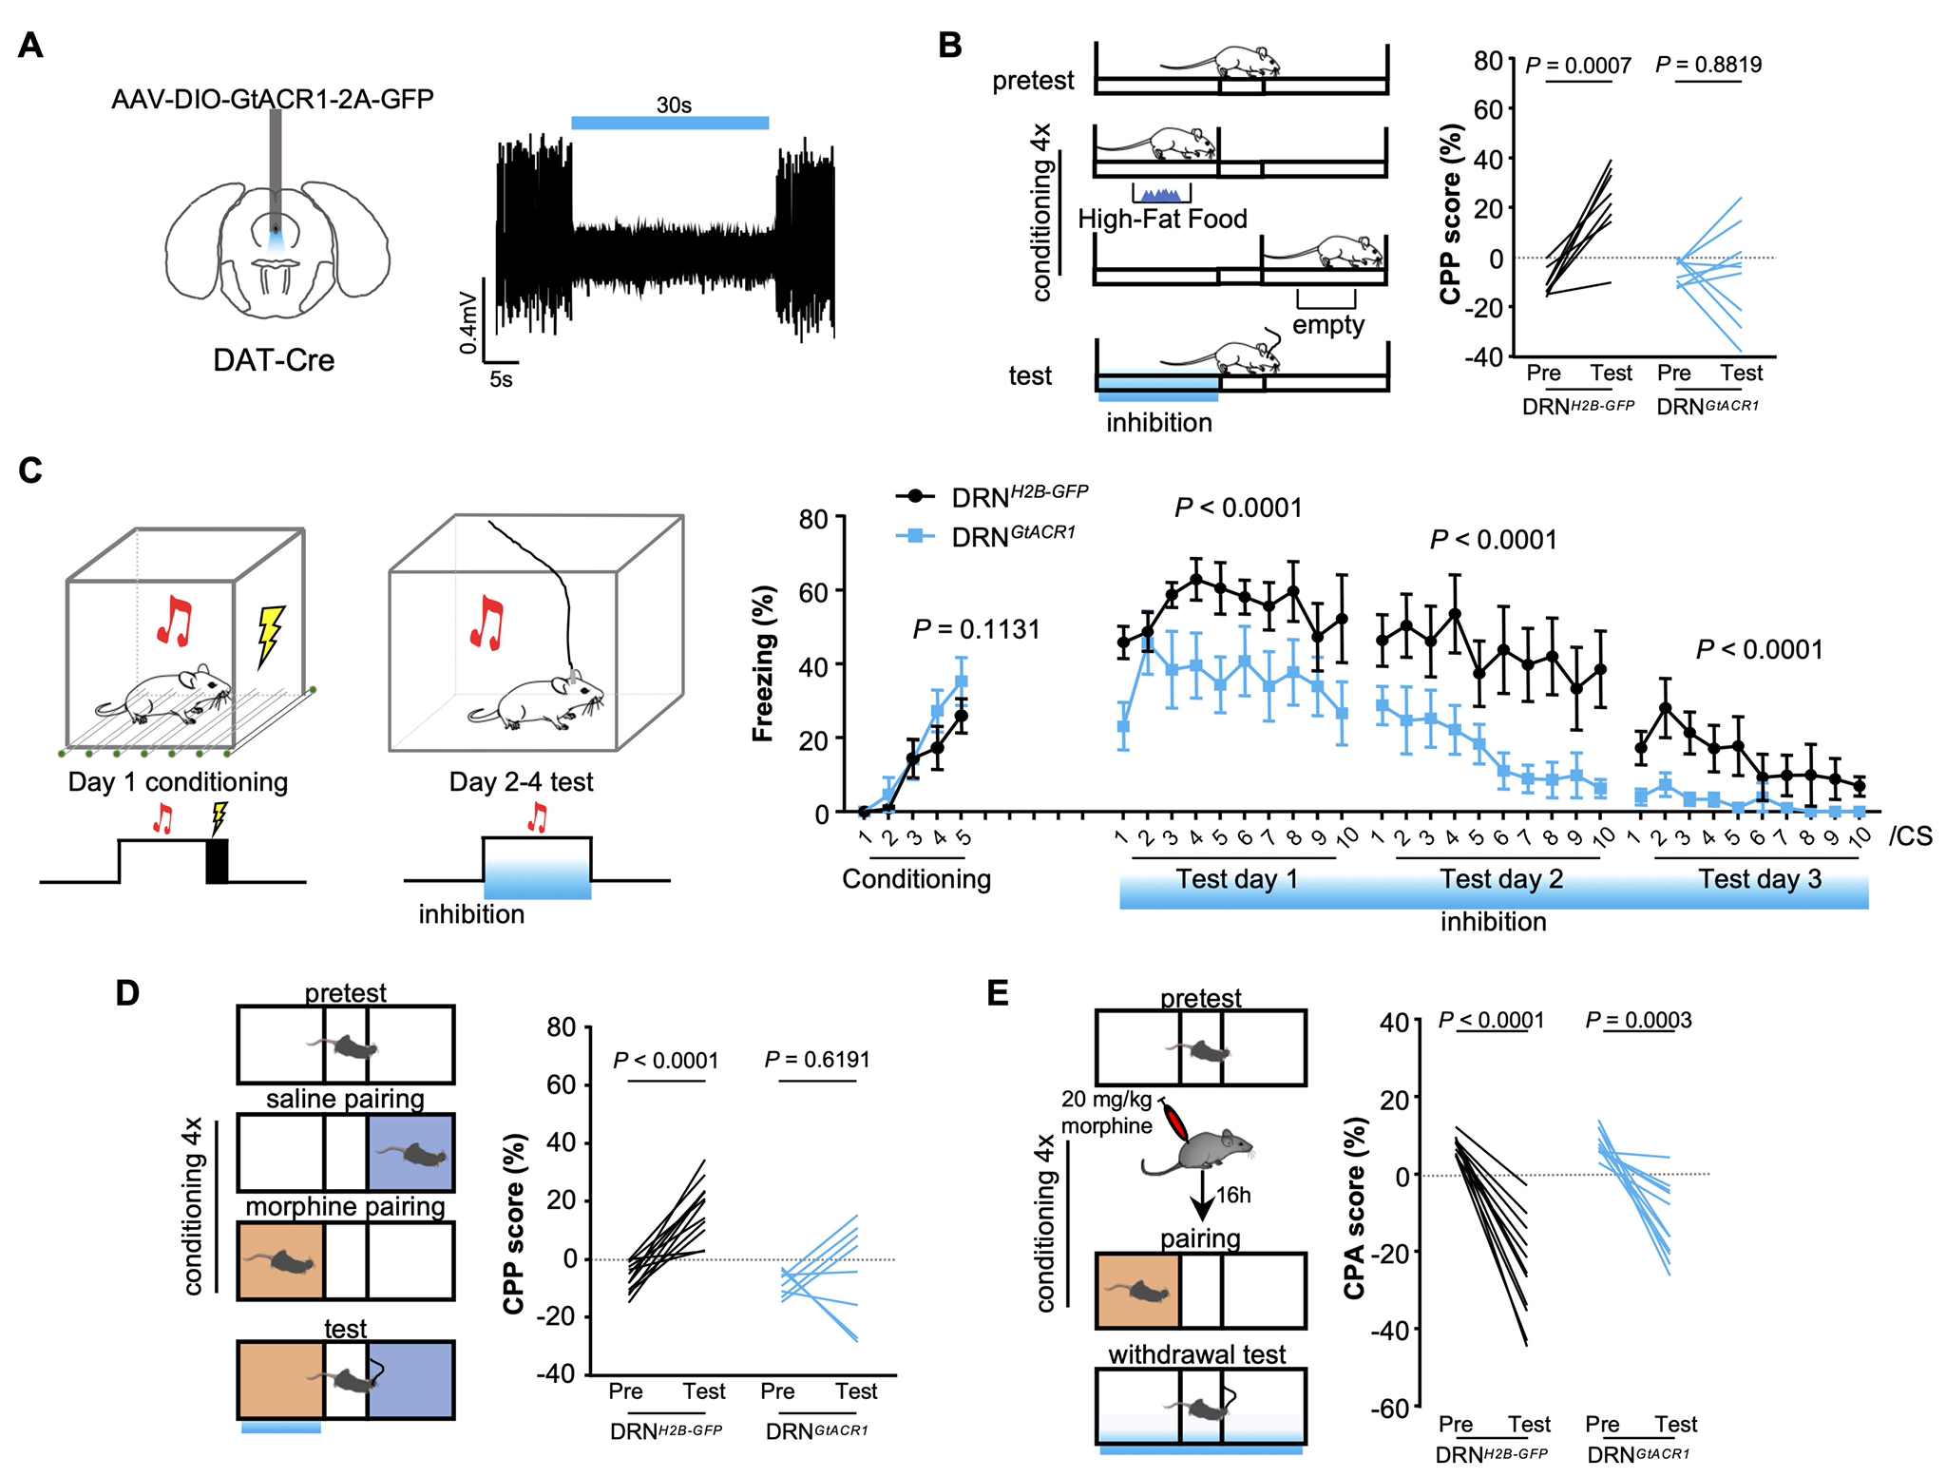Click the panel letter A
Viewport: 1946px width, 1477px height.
(x=30, y=46)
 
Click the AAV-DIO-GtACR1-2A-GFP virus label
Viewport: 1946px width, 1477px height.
(x=273, y=99)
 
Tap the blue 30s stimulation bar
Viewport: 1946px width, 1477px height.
(x=670, y=123)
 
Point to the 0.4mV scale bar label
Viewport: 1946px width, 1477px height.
(x=468, y=321)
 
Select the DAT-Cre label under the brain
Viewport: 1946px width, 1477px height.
(x=274, y=360)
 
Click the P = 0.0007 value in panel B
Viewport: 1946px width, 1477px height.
(x=1577, y=66)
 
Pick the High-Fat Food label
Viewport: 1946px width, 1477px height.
(x=1162, y=220)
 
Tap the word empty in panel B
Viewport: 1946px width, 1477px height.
(x=1327, y=325)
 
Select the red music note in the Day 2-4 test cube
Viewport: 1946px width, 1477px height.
(x=487, y=623)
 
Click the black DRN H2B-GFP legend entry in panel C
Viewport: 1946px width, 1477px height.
(x=992, y=495)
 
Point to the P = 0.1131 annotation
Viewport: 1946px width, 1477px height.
(x=976, y=629)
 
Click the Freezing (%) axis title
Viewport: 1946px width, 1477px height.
(x=764, y=662)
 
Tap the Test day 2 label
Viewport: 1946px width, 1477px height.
(x=1500, y=879)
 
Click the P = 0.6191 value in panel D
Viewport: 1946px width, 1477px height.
(x=817, y=1060)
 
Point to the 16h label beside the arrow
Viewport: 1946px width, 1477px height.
(x=1233, y=1196)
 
